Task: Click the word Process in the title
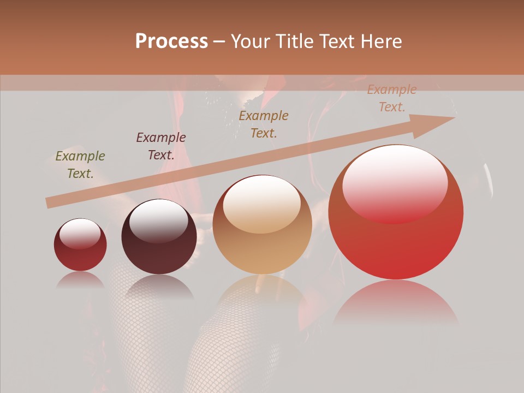[171, 41]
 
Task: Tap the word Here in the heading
[379, 41]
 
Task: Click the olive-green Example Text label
[80, 165]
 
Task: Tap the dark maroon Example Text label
[161, 146]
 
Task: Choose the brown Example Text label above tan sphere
[264, 124]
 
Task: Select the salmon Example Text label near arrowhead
[391, 98]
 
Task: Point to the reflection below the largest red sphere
[396, 302]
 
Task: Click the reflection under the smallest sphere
[80, 279]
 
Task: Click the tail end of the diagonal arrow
[50, 203]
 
